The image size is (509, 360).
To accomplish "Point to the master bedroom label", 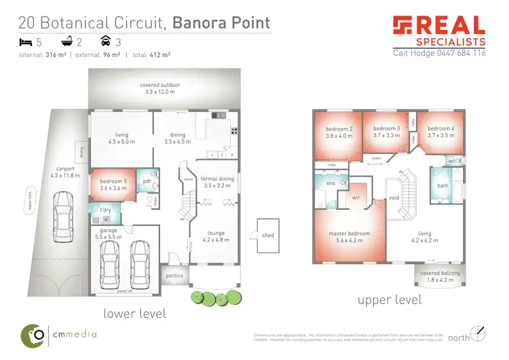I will pos(350,234).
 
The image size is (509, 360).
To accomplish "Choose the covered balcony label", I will pos(440,273).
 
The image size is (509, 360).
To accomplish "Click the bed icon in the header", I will pos(24,41).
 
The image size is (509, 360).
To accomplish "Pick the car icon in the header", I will pos(105,41).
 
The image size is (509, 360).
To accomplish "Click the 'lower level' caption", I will pos(134,313).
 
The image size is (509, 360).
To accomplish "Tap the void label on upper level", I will pos(394,198).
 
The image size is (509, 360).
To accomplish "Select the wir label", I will pos(355,198).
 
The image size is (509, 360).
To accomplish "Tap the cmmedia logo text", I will pos(75,334).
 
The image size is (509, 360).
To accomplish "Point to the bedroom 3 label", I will pos(386,128).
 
